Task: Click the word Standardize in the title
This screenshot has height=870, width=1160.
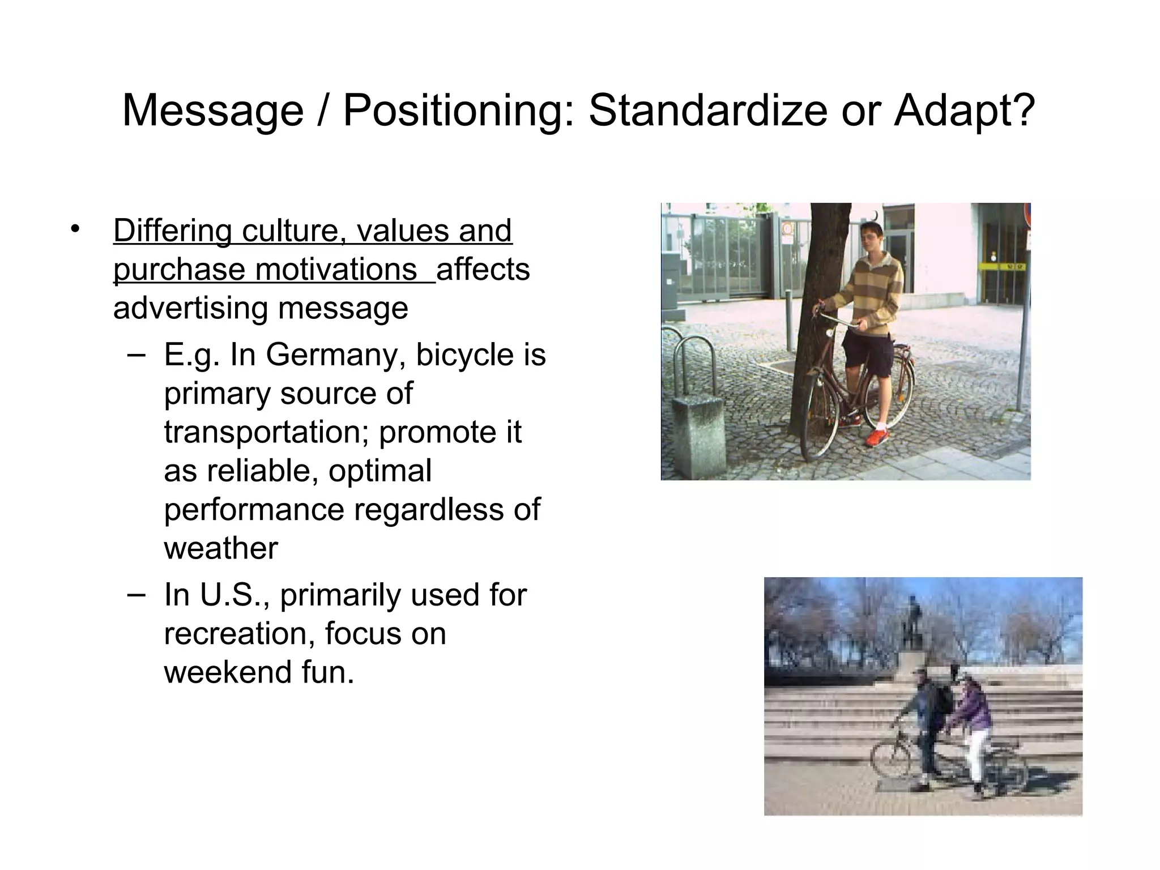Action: pos(708,110)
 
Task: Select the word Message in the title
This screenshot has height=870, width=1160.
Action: pos(213,112)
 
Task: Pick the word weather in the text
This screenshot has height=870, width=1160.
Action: pos(221,548)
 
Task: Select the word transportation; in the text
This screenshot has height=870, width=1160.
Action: pos(266,433)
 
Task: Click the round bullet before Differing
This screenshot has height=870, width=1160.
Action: pos(75,229)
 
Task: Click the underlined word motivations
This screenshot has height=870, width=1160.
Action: pos(335,270)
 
